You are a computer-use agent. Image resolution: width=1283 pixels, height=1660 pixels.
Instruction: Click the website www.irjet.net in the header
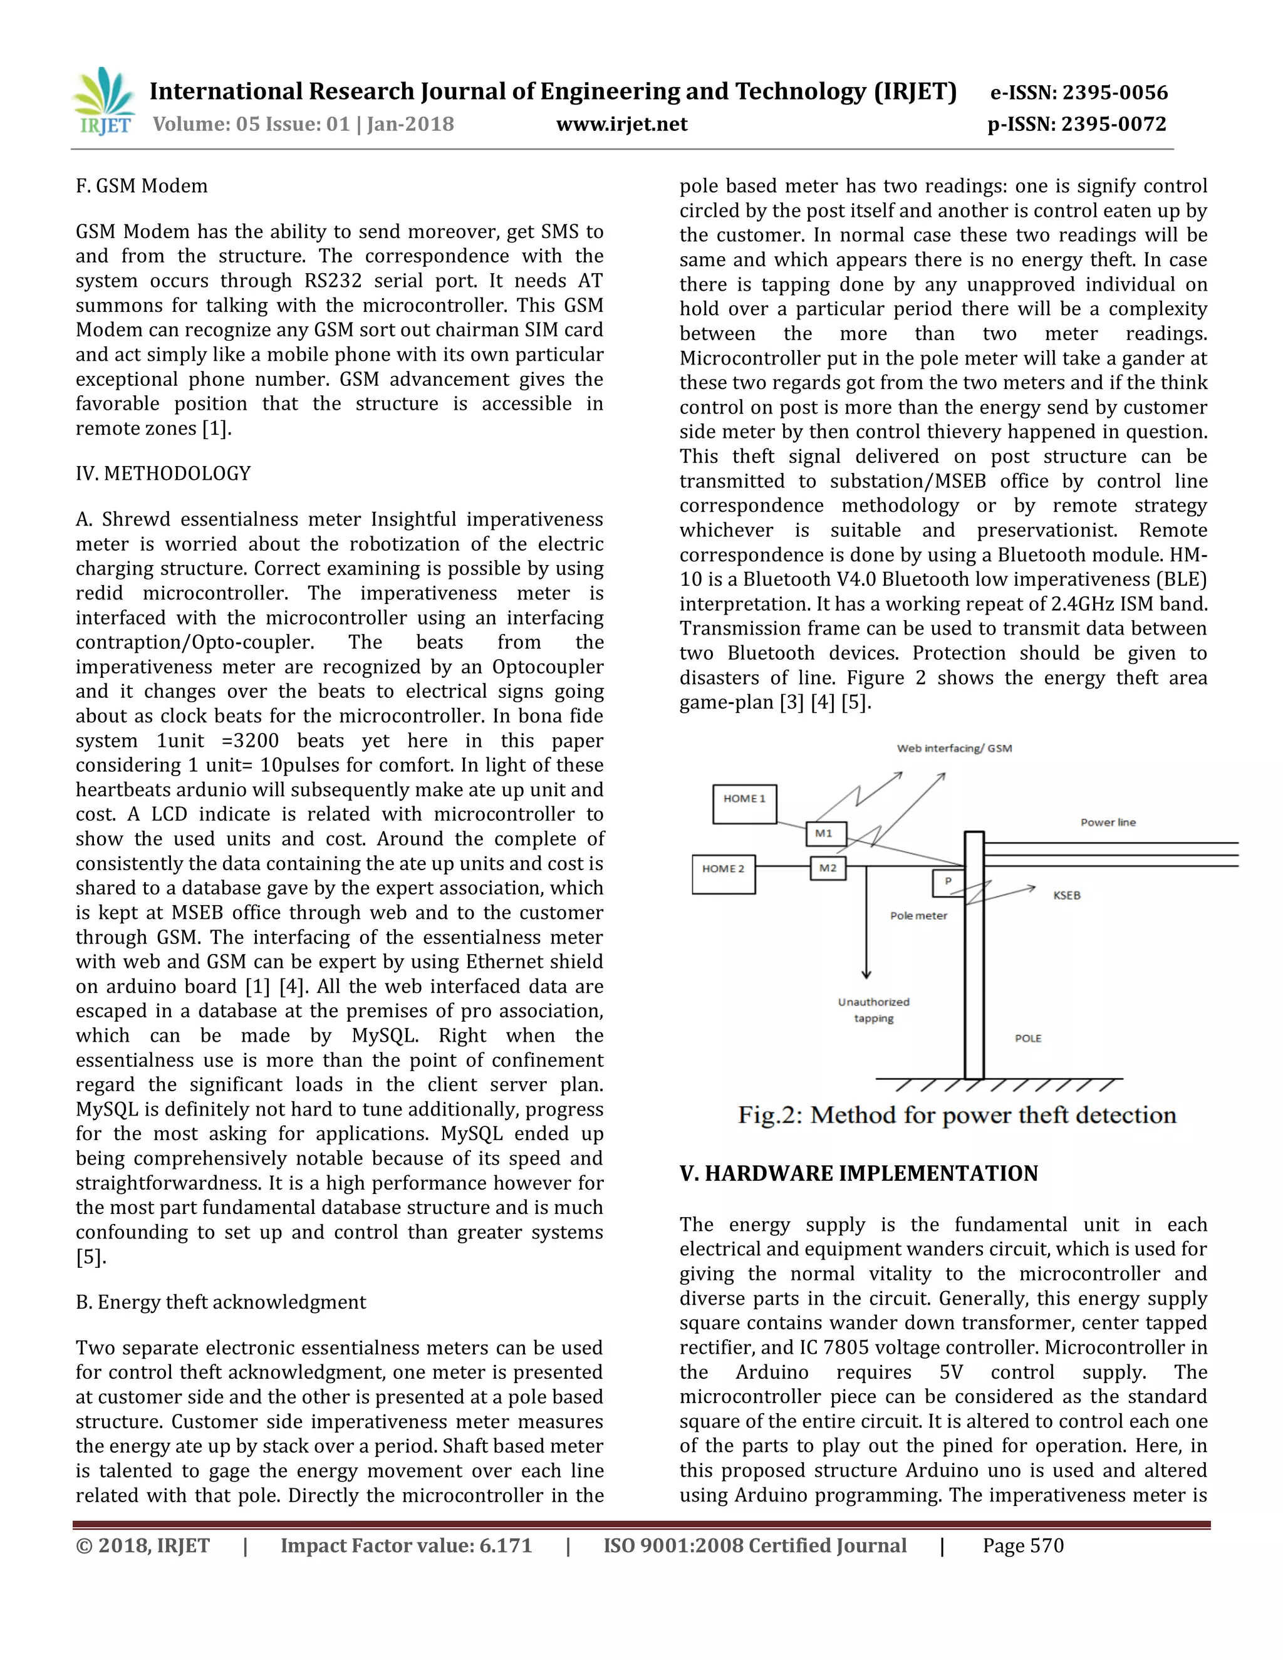click(621, 124)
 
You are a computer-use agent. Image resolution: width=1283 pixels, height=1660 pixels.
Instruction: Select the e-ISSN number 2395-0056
click(1114, 93)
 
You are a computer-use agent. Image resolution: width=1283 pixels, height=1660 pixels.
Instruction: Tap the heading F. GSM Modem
click(142, 186)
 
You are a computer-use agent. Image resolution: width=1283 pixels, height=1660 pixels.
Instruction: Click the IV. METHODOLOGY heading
click(163, 474)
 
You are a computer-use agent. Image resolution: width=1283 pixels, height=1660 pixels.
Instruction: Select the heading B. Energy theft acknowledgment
click(221, 1302)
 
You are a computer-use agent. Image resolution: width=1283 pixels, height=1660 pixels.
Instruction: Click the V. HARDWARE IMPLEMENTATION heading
click(858, 1173)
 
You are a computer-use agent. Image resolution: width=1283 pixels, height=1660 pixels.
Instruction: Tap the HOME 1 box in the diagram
click(744, 804)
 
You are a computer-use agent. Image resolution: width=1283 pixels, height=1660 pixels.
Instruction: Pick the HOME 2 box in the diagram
click(723, 874)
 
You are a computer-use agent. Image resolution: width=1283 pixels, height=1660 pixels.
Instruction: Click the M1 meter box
click(824, 833)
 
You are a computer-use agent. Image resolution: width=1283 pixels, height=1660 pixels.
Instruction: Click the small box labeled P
click(947, 883)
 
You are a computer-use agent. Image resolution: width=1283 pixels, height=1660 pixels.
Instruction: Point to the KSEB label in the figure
click(1066, 895)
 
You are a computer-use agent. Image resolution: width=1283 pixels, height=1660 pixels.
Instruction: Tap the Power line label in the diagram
click(1108, 822)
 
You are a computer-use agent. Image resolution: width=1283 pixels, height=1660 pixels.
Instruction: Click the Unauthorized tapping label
click(873, 1010)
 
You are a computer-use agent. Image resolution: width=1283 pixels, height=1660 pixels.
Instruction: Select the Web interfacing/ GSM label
click(954, 749)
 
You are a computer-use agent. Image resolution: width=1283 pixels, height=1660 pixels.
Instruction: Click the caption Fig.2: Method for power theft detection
click(956, 1116)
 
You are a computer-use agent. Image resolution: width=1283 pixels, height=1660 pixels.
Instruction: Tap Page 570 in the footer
click(1022, 1545)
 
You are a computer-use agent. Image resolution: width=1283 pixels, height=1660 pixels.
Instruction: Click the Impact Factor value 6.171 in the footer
click(406, 1545)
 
